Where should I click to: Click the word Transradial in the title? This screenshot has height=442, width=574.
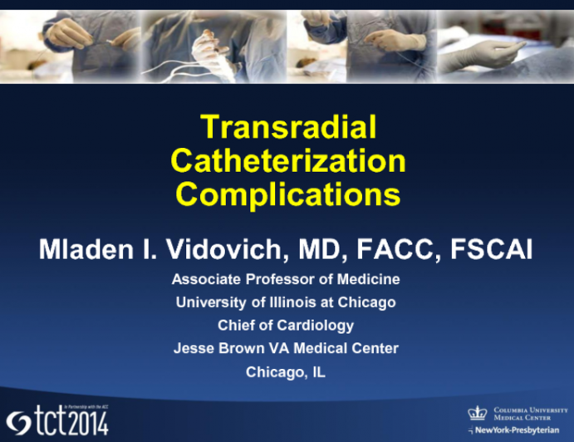point(288,127)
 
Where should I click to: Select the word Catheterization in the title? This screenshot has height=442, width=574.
point(288,160)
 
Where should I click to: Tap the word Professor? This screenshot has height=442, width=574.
point(291,279)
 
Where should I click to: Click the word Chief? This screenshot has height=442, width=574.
point(237,326)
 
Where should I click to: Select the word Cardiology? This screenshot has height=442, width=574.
point(312,326)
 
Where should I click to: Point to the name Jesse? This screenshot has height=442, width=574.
point(193,349)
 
